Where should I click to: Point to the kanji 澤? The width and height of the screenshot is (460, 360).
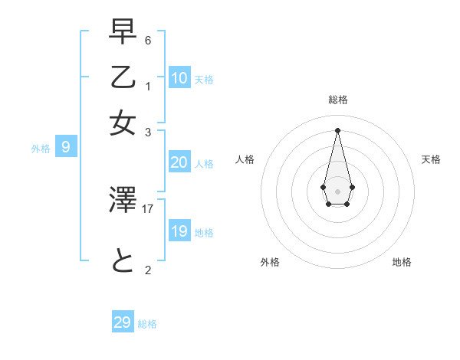click(123, 201)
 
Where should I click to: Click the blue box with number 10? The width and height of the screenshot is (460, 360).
click(179, 78)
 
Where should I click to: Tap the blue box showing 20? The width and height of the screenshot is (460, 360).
click(179, 162)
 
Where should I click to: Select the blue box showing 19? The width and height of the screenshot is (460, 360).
click(179, 231)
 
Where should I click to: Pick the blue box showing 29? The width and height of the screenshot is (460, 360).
click(123, 322)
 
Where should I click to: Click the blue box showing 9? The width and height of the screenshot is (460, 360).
click(66, 147)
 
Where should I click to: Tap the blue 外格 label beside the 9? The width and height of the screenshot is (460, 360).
click(41, 149)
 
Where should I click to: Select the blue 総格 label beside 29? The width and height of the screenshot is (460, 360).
click(147, 324)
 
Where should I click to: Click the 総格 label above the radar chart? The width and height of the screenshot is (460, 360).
click(338, 100)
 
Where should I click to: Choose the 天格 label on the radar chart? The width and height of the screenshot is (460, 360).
click(432, 159)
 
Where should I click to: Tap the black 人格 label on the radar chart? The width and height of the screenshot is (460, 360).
click(245, 159)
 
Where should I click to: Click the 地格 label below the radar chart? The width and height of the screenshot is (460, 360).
click(402, 262)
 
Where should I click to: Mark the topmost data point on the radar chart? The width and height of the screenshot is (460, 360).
click(337, 130)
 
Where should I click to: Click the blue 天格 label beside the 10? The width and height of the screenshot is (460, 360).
click(204, 80)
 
